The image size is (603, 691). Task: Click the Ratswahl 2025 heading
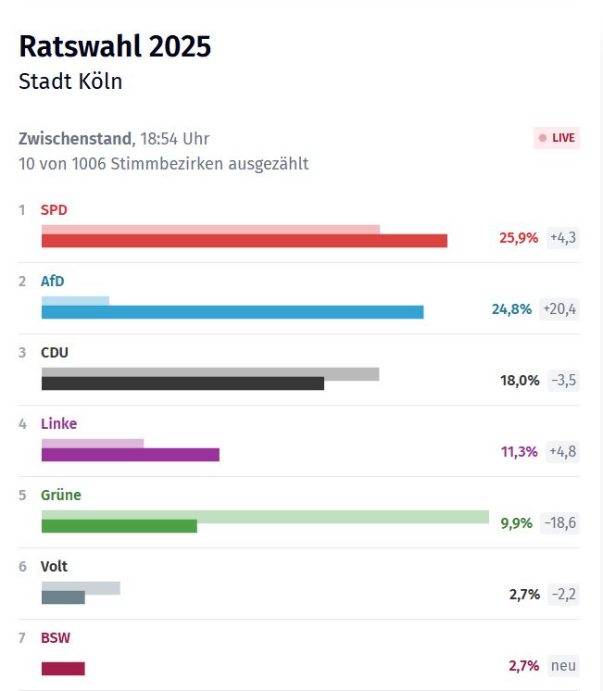115,46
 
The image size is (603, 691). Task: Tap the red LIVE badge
557,138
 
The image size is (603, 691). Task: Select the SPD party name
54,210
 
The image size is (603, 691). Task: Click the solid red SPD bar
244,241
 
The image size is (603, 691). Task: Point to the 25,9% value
519,237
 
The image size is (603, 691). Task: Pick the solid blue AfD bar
232,312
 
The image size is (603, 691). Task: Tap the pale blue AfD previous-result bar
75,300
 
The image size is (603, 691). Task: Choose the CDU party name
55,353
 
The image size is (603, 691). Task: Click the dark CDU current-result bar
182,383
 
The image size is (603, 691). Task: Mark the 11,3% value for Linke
519,451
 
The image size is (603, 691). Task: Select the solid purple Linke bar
130,455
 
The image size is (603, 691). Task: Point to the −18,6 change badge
559,522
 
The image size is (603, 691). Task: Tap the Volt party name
55,567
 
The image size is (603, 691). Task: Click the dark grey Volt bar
63,597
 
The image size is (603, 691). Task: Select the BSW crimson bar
63,669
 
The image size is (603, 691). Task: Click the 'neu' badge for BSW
563,665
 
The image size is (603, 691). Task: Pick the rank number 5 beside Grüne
22,496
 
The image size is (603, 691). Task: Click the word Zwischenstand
75,139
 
